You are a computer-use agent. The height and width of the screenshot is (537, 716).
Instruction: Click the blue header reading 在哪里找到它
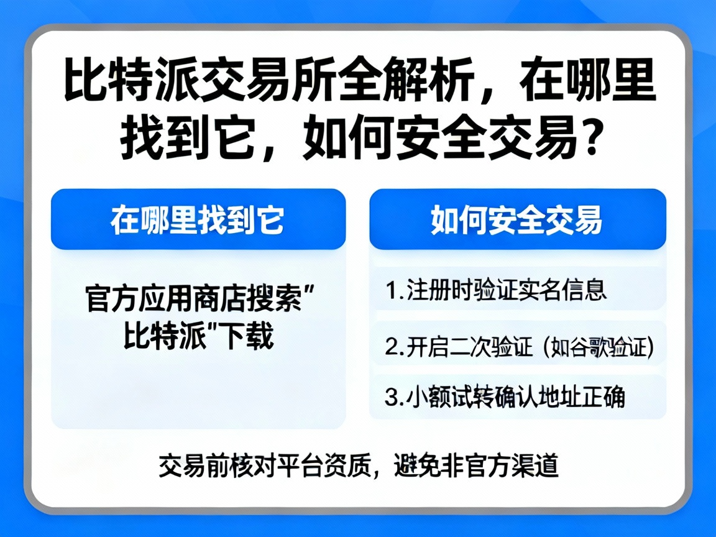pos(198,220)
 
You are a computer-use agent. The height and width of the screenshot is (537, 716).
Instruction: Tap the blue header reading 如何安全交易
pos(517,220)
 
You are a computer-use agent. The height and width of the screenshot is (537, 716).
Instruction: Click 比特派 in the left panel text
pos(155,337)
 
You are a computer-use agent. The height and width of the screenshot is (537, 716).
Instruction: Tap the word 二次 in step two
pos(457,347)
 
